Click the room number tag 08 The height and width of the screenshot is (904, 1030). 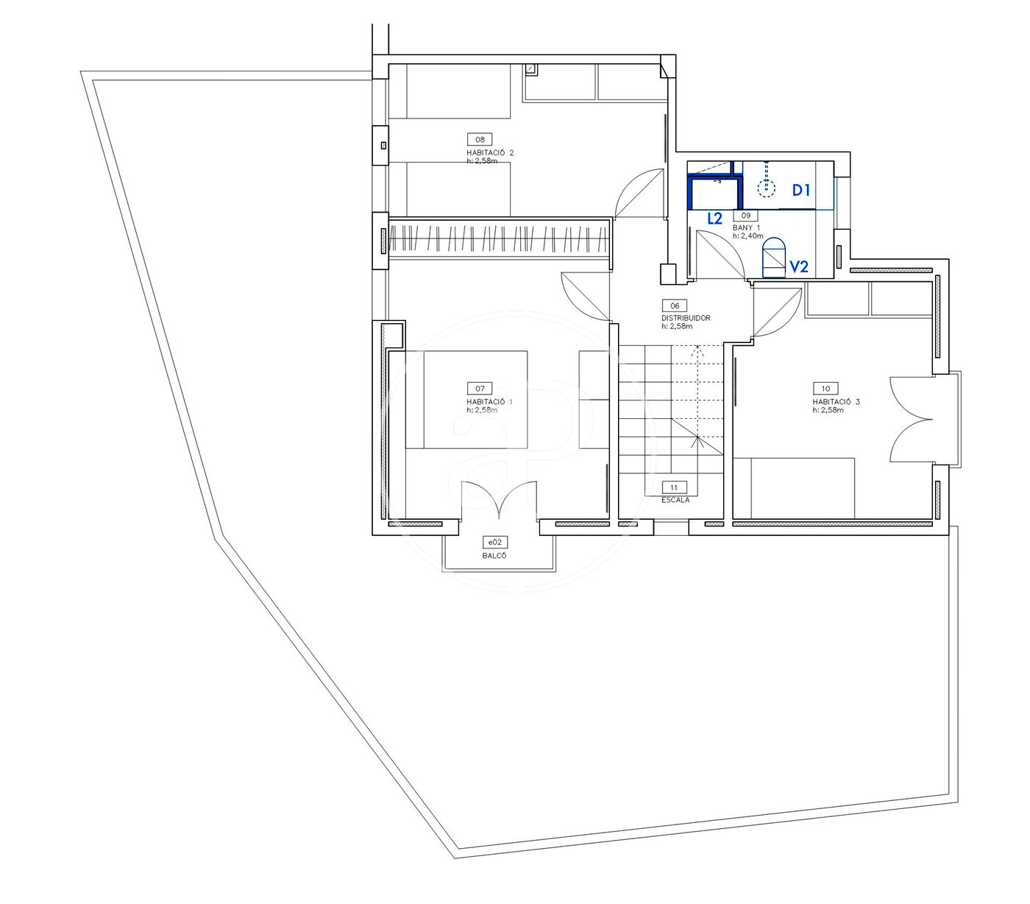click(x=480, y=139)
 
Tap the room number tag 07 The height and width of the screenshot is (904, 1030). click(x=480, y=389)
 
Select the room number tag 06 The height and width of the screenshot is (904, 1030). click(x=675, y=306)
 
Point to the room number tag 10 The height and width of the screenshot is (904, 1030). click(x=825, y=389)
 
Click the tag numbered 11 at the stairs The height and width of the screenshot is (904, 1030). click(x=674, y=487)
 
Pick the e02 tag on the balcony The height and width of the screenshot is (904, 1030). click(x=494, y=543)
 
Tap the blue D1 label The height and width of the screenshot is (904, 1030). click(x=800, y=190)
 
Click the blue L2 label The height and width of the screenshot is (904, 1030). click(x=715, y=218)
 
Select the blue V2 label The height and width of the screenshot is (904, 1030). click(x=799, y=266)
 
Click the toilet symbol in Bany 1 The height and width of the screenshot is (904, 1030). click(x=774, y=258)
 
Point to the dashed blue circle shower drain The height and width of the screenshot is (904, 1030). click(x=766, y=188)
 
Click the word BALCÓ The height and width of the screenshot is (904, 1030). click(x=494, y=556)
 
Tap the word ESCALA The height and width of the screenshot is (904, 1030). click(x=675, y=500)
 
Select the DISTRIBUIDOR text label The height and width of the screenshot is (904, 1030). click(x=686, y=318)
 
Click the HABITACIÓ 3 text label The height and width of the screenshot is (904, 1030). click(x=836, y=401)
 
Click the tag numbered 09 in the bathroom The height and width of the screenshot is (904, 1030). click(x=745, y=215)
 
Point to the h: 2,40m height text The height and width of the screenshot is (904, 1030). click(x=747, y=236)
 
